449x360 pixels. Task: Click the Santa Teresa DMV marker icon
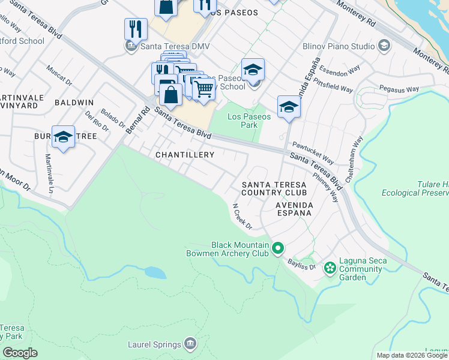point(130,46)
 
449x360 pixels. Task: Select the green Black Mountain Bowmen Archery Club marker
point(277,247)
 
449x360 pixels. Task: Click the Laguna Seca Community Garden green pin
point(330,267)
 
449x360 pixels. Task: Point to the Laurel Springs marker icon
point(190,344)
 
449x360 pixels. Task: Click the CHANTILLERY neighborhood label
point(185,155)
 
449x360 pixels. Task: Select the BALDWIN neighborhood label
point(74,103)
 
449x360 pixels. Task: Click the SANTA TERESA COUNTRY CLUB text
point(274,188)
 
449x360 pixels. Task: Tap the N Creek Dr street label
point(242,215)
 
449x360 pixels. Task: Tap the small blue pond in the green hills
point(155,273)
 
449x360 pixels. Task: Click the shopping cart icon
point(204,89)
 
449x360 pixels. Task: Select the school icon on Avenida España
point(289,107)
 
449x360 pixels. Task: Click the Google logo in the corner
point(19,353)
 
